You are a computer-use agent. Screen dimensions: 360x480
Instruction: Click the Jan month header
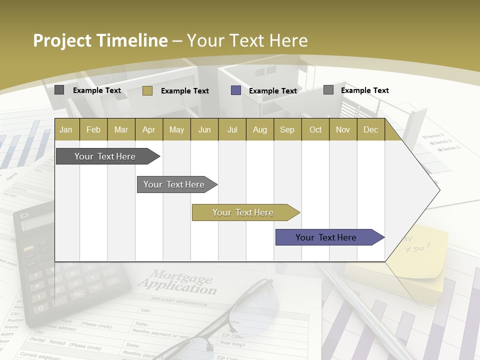(x=66, y=129)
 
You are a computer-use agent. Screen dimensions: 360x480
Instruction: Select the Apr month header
(x=148, y=129)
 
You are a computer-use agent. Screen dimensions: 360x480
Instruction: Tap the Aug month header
(x=259, y=129)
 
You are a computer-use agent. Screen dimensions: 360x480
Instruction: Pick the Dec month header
(x=370, y=129)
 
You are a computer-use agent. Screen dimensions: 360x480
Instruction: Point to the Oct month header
(x=315, y=129)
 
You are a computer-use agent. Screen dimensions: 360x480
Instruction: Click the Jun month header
(x=204, y=129)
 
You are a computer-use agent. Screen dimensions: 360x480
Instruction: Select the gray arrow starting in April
(x=175, y=184)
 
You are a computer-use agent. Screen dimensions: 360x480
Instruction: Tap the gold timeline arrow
(x=244, y=212)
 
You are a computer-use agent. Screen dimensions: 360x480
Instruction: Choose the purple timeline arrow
(x=327, y=237)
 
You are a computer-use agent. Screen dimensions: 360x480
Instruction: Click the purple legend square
(x=236, y=90)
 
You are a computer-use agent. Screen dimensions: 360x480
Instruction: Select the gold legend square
(x=147, y=90)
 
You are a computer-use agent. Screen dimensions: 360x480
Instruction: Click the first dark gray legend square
(x=59, y=90)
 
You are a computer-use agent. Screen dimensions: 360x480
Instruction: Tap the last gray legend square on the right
(x=328, y=90)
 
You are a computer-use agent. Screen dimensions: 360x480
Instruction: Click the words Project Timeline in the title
(x=100, y=40)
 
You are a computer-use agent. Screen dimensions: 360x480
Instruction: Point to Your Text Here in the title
(x=247, y=40)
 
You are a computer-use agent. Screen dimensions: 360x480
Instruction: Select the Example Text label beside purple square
(x=273, y=91)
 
